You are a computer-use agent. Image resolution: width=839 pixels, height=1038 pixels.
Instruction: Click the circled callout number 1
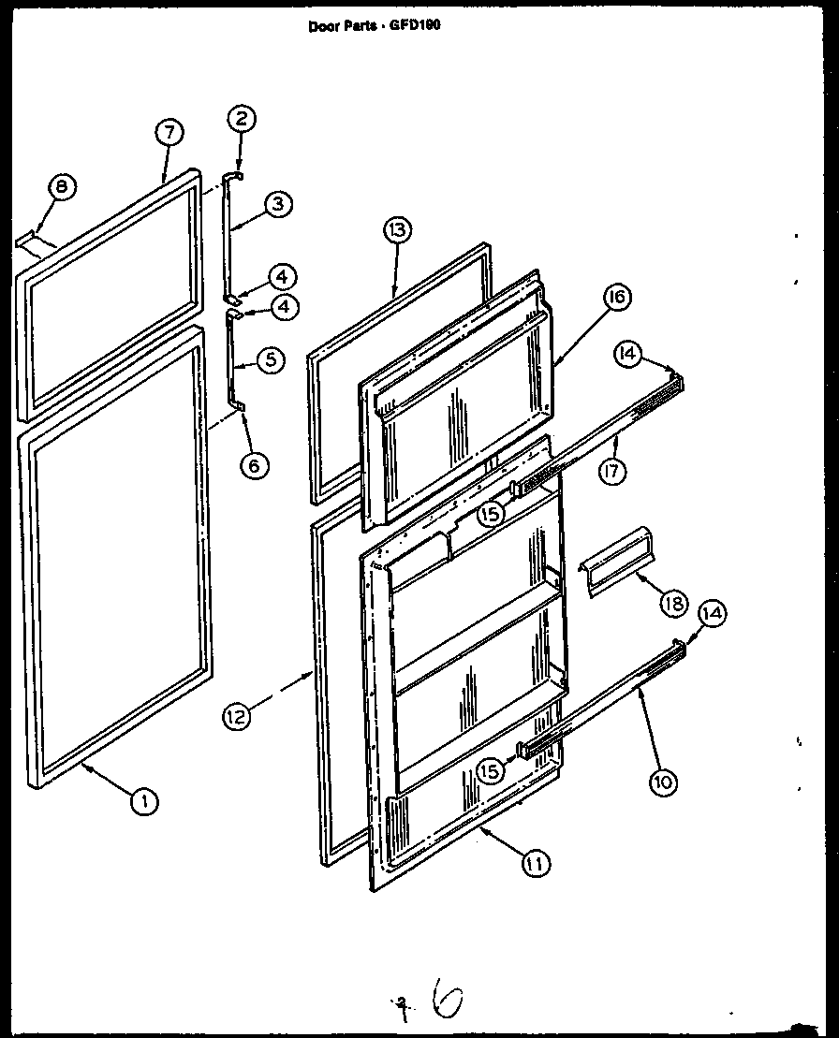[x=143, y=800]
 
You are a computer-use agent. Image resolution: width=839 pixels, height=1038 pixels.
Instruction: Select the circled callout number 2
[x=242, y=118]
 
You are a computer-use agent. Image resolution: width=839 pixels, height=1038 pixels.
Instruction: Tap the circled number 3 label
[x=278, y=205]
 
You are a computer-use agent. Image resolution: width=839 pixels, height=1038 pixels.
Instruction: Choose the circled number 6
[x=254, y=463]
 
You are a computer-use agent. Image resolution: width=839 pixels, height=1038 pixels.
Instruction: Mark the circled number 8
[x=61, y=187]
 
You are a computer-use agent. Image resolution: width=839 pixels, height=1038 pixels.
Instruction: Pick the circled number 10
[x=662, y=781]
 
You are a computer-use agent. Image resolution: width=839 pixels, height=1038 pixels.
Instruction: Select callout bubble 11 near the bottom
[x=536, y=864]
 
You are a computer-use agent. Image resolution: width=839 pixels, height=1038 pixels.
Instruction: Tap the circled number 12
[x=238, y=717]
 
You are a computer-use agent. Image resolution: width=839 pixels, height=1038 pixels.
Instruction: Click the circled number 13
[x=396, y=230]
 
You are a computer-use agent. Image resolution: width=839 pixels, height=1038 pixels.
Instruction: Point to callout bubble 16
[x=615, y=298]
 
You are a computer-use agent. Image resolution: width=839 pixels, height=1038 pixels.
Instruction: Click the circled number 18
[x=671, y=603]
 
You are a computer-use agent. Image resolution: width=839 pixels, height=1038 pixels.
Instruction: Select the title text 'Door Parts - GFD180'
[x=374, y=26]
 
